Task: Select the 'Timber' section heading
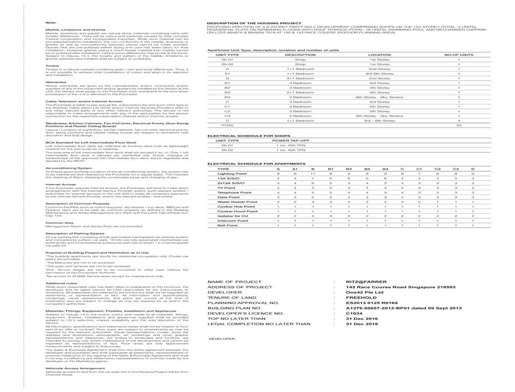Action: pos(52,65)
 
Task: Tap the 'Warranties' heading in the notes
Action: pos(56,82)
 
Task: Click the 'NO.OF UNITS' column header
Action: pos(459,55)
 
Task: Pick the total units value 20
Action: pos(459,125)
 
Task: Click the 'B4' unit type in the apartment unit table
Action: pos(227,97)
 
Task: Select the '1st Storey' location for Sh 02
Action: pos(380,64)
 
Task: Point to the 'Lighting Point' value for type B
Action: pos(313,173)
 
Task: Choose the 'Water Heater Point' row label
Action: pos(233,202)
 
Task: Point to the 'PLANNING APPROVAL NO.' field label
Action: pos(243,302)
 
